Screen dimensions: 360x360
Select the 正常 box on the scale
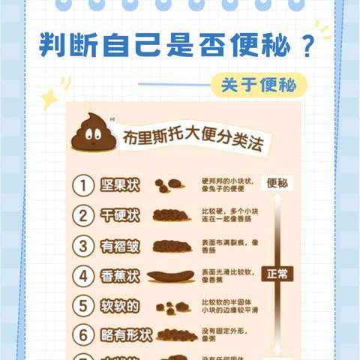(277, 274)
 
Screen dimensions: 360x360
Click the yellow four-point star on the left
(50, 98)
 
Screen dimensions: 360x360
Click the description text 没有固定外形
(225, 331)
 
